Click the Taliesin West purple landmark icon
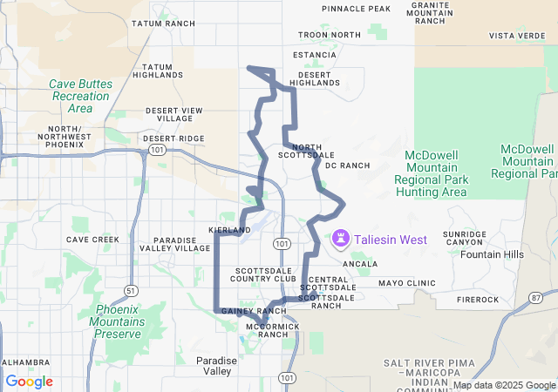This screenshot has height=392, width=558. [x=339, y=238]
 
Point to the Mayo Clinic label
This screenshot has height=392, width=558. [x=406, y=283]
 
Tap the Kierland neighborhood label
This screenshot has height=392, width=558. [x=229, y=229]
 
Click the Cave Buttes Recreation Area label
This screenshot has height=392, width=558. [x=80, y=96]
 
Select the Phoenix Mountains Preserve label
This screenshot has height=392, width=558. [x=118, y=321]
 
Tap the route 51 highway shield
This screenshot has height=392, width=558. [x=130, y=290]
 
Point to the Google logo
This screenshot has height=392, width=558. [x=30, y=382]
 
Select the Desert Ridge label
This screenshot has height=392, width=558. [x=174, y=138]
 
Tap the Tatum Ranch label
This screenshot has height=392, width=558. [x=162, y=24]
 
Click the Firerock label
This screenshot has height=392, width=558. [x=478, y=300]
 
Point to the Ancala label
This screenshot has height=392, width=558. [x=360, y=263]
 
